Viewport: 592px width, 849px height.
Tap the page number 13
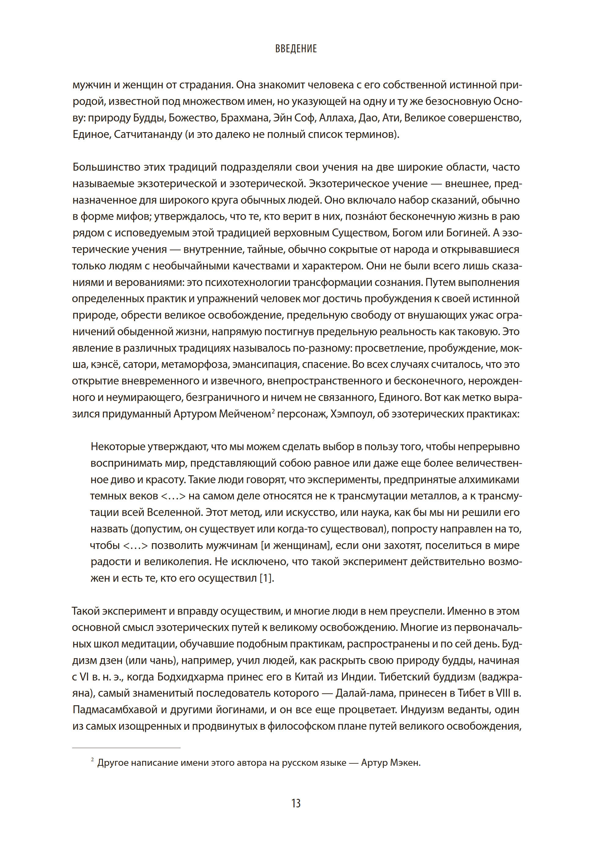296,803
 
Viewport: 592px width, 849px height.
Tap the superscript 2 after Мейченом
273,410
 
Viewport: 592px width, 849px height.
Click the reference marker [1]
266,578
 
